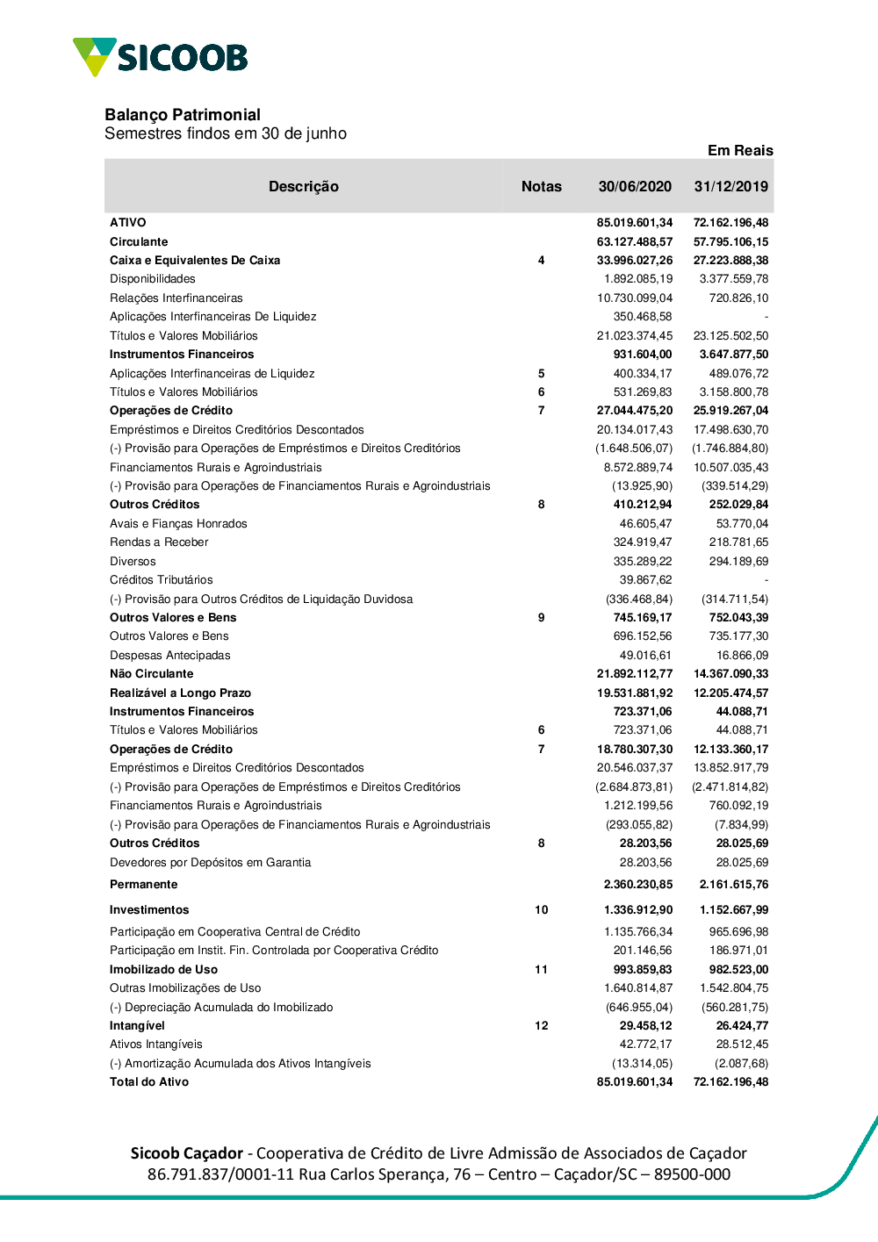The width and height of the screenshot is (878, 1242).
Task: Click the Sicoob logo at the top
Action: [161, 57]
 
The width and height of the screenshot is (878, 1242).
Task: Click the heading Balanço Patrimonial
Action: [183, 115]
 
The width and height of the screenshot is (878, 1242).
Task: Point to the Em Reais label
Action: [740, 151]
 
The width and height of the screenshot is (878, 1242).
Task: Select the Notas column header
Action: [541, 187]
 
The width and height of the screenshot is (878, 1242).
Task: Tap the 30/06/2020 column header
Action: [635, 187]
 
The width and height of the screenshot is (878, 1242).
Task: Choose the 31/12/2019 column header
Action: [730, 187]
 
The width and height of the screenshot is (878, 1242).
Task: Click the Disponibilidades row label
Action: [153, 279]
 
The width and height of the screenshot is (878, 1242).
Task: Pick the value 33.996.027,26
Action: [635, 261]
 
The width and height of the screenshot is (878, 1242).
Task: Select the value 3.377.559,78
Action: [733, 279]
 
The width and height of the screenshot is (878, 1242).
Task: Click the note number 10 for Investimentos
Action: [541, 910]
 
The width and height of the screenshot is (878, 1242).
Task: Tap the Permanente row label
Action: [143, 885]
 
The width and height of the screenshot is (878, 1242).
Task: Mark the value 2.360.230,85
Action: [637, 885]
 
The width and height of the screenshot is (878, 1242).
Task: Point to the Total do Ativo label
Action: [149, 1082]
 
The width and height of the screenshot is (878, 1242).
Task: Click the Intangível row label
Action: [137, 1026]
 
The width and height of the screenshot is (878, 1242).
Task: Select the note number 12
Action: [541, 1026]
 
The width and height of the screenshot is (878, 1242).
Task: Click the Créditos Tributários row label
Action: [162, 580]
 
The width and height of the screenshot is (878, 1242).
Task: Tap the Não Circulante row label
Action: [151, 674]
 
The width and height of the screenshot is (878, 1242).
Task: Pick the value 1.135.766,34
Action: [637, 932]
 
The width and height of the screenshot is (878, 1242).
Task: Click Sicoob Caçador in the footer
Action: [187, 1153]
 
